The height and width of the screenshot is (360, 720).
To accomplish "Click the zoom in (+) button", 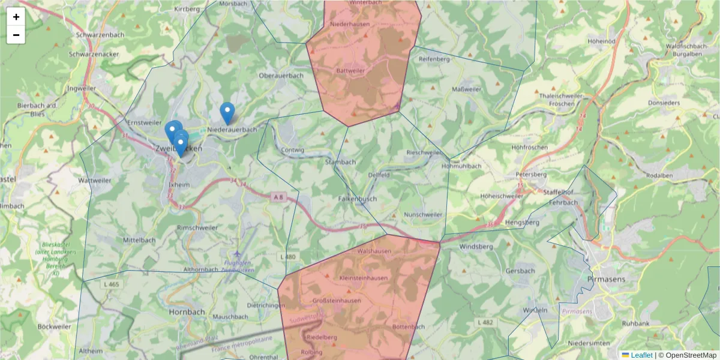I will [x=16, y=17].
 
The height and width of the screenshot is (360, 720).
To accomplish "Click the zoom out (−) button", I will [x=16, y=35].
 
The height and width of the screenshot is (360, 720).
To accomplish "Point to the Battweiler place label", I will [x=351, y=70].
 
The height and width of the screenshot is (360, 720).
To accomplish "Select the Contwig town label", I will [x=293, y=150].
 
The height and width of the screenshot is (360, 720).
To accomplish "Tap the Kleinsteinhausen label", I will [x=364, y=278].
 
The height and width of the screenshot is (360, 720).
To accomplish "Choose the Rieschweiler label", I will [x=424, y=152].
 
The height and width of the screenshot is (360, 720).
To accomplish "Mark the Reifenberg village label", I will [x=434, y=59].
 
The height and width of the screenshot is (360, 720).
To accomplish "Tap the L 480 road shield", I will [x=288, y=257].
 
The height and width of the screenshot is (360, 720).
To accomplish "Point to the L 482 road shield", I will [x=485, y=323].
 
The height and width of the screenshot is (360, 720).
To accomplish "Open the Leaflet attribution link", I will [x=637, y=355].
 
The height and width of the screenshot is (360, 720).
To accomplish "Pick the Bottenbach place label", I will [x=408, y=327].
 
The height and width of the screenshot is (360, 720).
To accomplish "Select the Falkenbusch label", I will [x=358, y=198].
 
